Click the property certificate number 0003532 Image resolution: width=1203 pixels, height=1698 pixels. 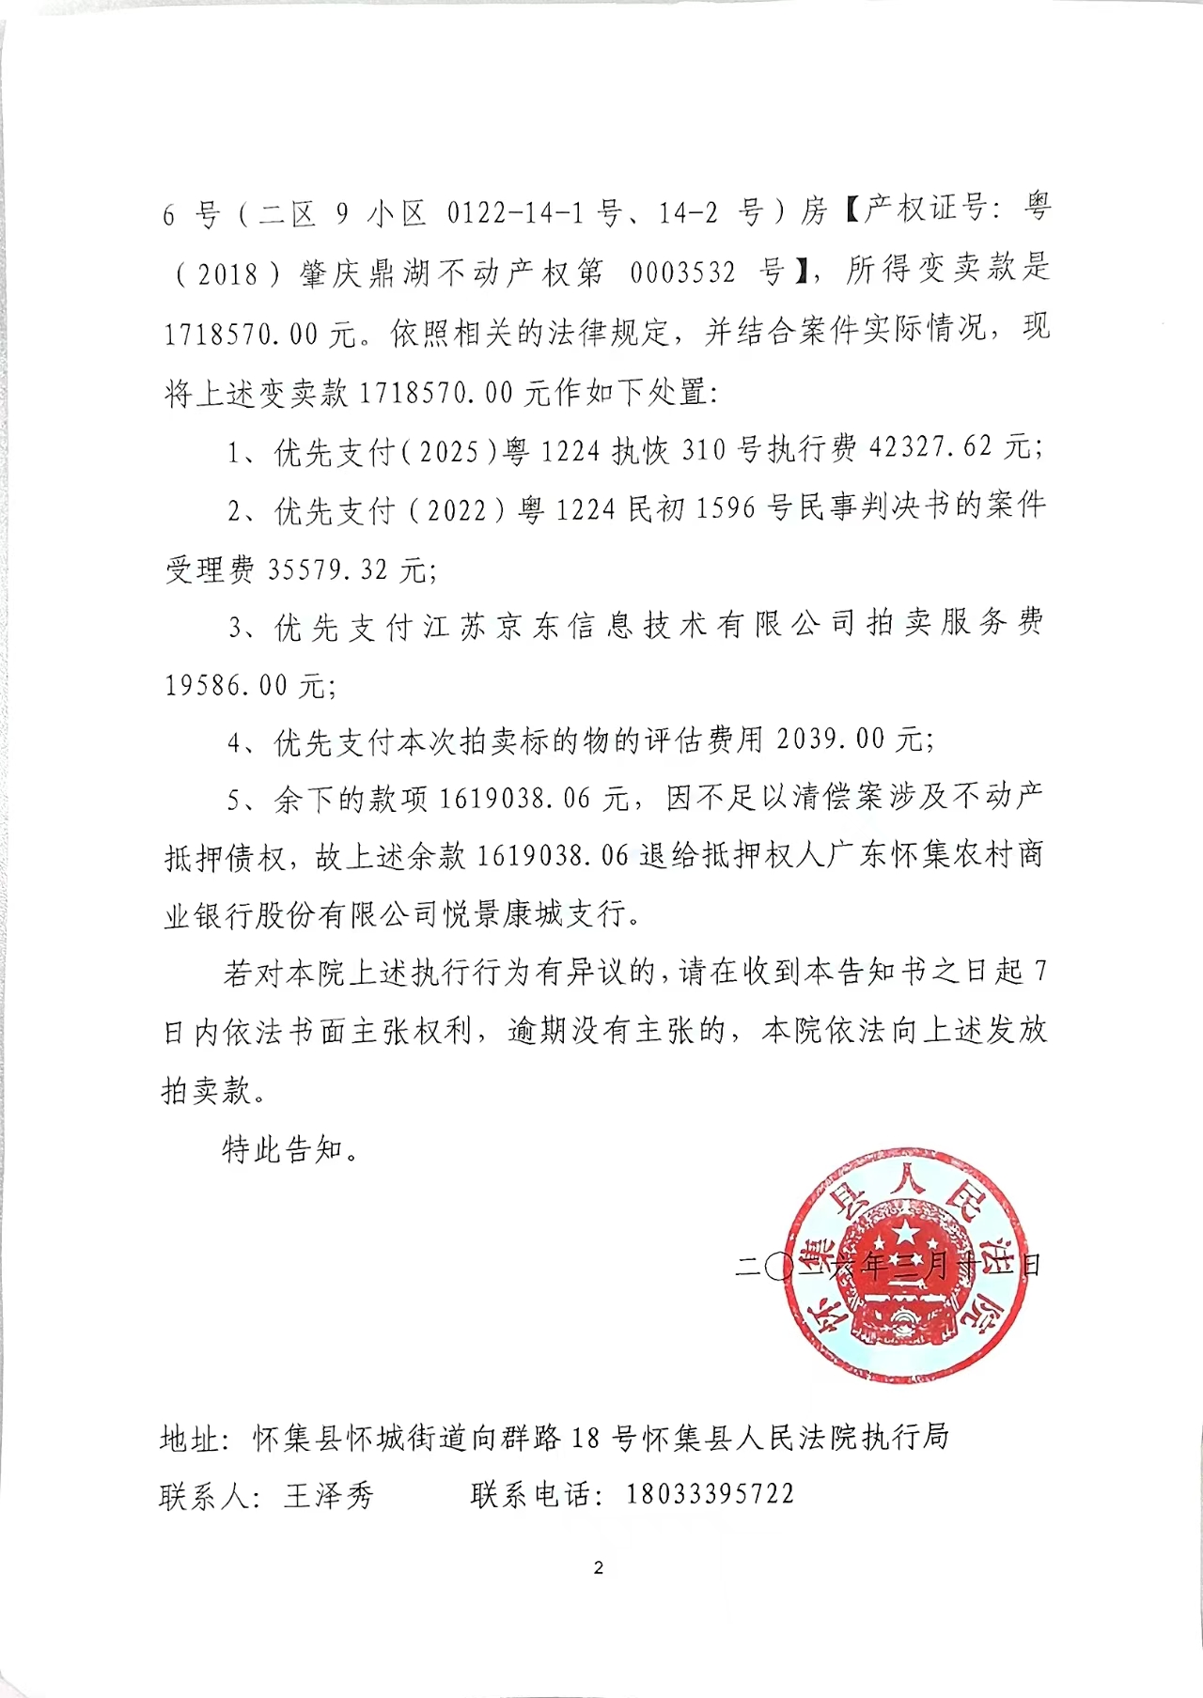(683, 273)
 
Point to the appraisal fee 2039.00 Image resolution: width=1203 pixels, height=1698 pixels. (830, 741)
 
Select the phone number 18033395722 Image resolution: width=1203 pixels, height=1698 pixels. (711, 1494)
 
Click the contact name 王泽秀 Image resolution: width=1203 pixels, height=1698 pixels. (329, 1495)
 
